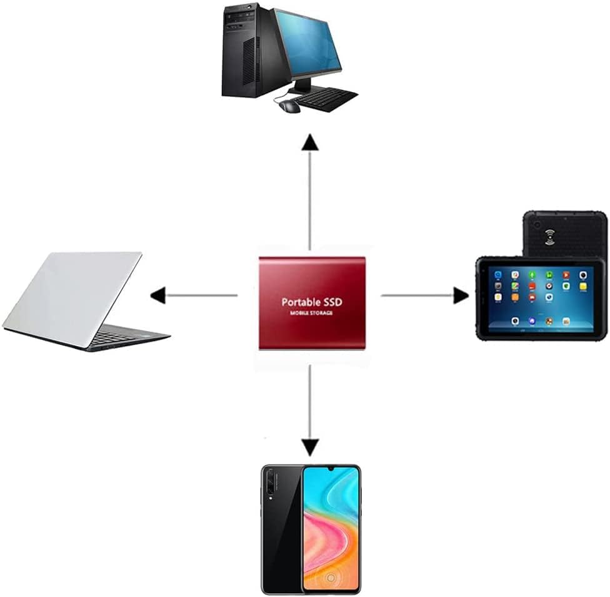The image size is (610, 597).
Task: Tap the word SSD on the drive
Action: [x=331, y=301]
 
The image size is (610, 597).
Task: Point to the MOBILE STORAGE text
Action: [x=311, y=312]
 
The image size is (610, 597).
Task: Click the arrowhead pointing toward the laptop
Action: [x=157, y=295]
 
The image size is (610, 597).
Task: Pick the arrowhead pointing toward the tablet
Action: [x=461, y=295]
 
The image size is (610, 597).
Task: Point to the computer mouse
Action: [x=289, y=106]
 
